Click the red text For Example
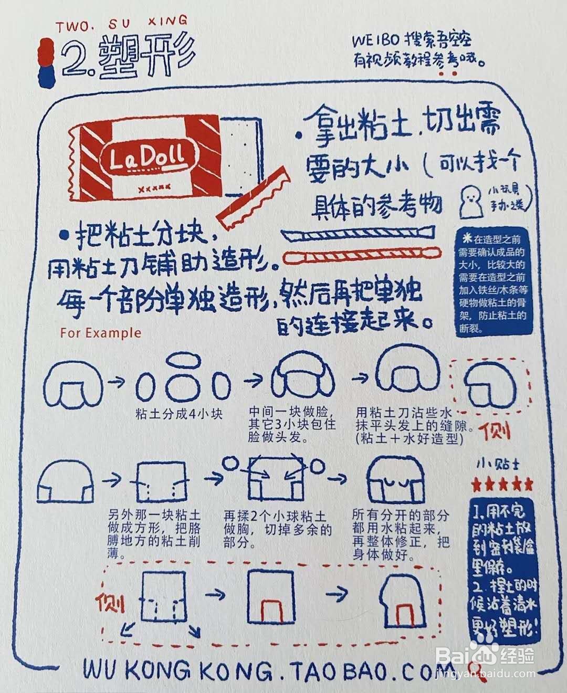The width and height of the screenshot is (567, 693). pos(100,333)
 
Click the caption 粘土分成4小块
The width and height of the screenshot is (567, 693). pos(178,414)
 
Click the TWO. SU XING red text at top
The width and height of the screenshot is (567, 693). pos(121,22)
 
